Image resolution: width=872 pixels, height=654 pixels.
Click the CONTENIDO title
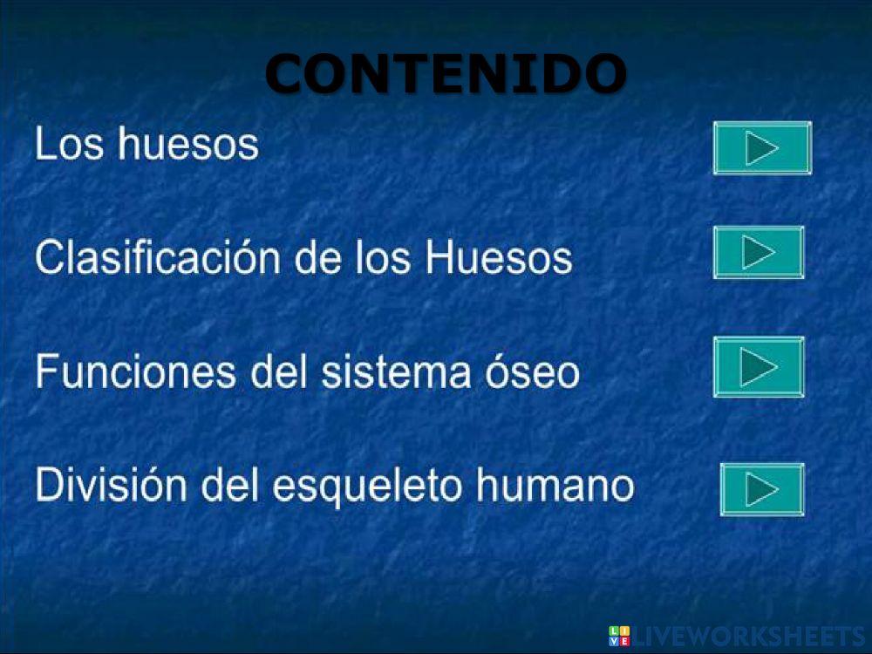[446, 73]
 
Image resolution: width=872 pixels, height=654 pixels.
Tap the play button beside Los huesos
[762, 148]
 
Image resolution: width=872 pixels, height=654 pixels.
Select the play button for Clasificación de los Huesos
[759, 253]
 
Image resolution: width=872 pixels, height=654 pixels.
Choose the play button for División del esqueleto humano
[762, 489]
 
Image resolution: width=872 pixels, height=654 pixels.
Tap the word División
[111, 486]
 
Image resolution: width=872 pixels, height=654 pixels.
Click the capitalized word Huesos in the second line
[499, 258]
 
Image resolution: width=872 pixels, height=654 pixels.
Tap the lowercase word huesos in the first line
[189, 145]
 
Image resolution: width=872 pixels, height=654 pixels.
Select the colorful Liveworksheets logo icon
[619, 636]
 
